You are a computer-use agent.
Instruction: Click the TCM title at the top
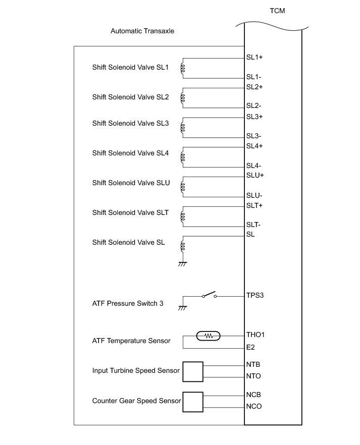(278, 11)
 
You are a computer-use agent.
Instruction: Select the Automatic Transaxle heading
(142, 31)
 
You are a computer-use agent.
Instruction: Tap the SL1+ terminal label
(254, 57)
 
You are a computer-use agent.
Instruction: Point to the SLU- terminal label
(254, 196)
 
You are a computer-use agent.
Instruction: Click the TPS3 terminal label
(255, 295)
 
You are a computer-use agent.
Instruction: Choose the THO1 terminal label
(255, 335)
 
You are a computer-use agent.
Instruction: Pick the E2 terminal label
(250, 348)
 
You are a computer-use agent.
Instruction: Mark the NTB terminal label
(253, 364)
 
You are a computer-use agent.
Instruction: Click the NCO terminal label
(254, 406)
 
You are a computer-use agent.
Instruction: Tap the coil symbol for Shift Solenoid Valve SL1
(183, 69)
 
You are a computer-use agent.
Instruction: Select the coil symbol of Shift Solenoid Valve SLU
(183, 187)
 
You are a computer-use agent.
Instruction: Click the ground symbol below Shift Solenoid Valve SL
(183, 263)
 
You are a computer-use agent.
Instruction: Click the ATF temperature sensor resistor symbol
(209, 336)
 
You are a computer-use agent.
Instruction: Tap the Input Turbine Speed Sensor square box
(192, 371)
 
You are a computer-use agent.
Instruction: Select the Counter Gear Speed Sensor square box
(192, 402)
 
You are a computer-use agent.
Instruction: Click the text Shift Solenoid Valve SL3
(130, 123)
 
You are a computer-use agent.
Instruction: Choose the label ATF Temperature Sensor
(131, 341)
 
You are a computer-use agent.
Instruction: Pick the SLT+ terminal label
(254, 205)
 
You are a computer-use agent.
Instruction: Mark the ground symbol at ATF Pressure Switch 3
(183, 307)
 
